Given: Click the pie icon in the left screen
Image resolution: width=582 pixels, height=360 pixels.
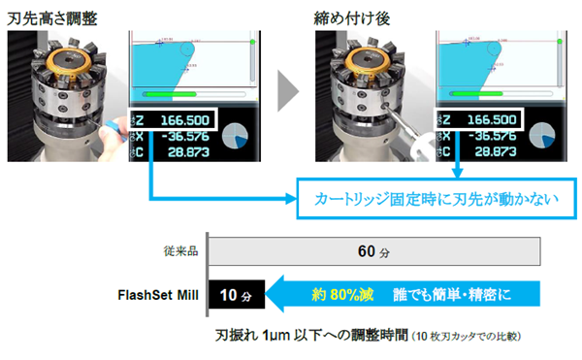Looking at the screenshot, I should pyautogui.click(x=239, y=140).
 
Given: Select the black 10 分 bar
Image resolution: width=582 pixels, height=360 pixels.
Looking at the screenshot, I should pyautogui.click(x=235, y=293).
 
